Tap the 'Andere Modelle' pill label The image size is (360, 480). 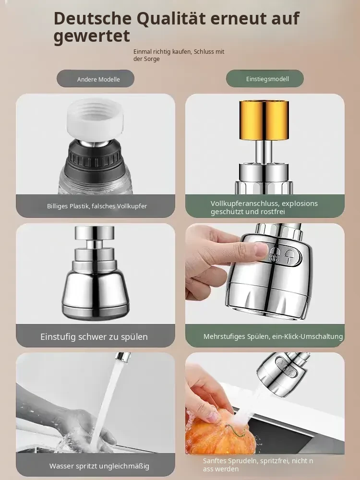pos(96,79)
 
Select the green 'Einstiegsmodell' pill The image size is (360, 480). pos(265,79)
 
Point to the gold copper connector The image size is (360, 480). pos(264,120)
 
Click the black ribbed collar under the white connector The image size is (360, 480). pos(96,157)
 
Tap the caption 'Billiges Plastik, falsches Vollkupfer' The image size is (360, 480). pos(97,206)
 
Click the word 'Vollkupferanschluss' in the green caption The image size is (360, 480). pos(245,204)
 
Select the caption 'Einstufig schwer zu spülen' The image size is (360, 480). pos(94,336)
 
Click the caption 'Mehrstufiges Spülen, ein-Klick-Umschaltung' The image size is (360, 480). pos(273,336)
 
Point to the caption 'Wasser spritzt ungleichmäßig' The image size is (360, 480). pos(99,466)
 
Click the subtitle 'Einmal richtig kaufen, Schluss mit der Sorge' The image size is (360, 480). pos(179,55)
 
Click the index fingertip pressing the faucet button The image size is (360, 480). pos(261,250)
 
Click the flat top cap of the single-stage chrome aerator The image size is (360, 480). pos(94,231)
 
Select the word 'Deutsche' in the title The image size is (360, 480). pos(93,18)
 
